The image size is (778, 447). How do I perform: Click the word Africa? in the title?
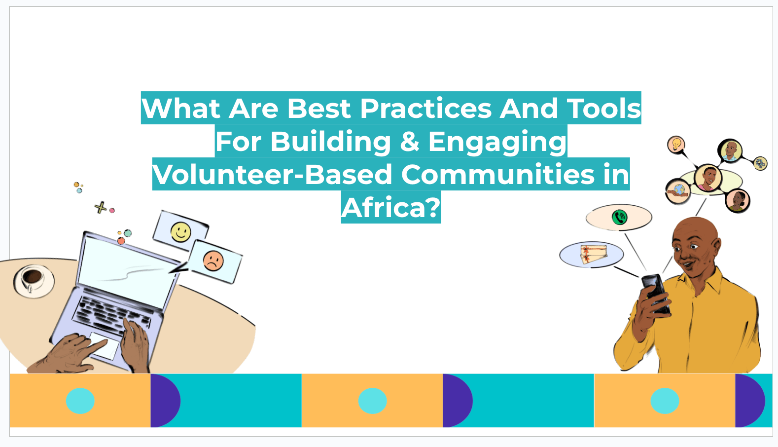391,208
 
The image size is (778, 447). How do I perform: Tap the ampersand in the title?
410,142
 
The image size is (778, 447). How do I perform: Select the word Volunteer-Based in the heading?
272,174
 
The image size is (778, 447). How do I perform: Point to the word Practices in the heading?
426,108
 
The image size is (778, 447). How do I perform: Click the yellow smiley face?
180,232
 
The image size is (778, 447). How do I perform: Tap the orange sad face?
213,261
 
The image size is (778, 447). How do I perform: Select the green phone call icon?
619,217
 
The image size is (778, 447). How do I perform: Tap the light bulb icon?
676,144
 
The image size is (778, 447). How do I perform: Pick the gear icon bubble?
760,163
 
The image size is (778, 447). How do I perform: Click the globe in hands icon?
677,191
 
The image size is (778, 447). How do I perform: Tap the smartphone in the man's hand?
656,294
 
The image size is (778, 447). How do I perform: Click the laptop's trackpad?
104,345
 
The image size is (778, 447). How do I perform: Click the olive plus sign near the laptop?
101,208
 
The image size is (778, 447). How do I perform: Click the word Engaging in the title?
497,142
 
